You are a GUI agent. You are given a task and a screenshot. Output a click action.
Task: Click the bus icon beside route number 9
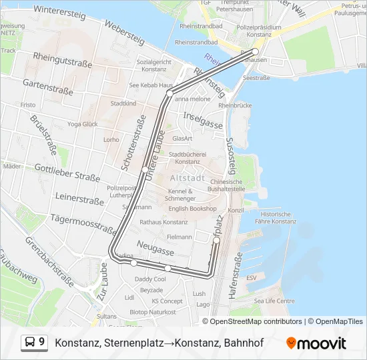(x=30, y=343)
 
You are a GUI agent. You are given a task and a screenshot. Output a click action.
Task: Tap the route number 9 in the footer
(x=42, y=342)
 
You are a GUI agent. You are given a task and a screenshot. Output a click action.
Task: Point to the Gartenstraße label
(x=47, y=84)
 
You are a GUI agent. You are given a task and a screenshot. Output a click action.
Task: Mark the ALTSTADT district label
(x=188, y=178)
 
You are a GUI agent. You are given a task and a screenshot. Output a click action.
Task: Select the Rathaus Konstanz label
(x=164, y=222)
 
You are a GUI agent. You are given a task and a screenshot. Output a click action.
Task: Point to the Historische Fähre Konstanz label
(x=274, y=218)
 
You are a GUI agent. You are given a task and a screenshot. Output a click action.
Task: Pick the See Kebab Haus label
(x=151, y=85)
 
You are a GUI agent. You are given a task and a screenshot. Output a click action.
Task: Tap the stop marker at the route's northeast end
(x=255, y=51)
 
